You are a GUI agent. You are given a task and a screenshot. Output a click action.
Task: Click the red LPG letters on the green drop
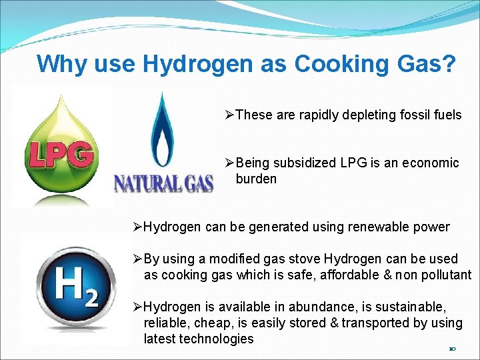[x=60, y=156]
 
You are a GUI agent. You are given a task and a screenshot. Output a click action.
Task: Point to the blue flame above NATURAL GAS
[x=161, y=130]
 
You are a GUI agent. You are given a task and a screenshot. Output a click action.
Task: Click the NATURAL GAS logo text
[x=163, y=182]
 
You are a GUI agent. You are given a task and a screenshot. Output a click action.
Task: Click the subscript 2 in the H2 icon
[x=91, y=297]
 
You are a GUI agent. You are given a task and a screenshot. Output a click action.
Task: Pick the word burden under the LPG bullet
[x=256, y=179]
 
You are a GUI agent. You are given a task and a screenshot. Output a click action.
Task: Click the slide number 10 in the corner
[x=452, y=349]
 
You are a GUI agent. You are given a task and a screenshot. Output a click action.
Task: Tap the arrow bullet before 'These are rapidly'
[x=229, y=115]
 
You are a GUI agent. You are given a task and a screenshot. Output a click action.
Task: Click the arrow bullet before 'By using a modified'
[x=137, y=259]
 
